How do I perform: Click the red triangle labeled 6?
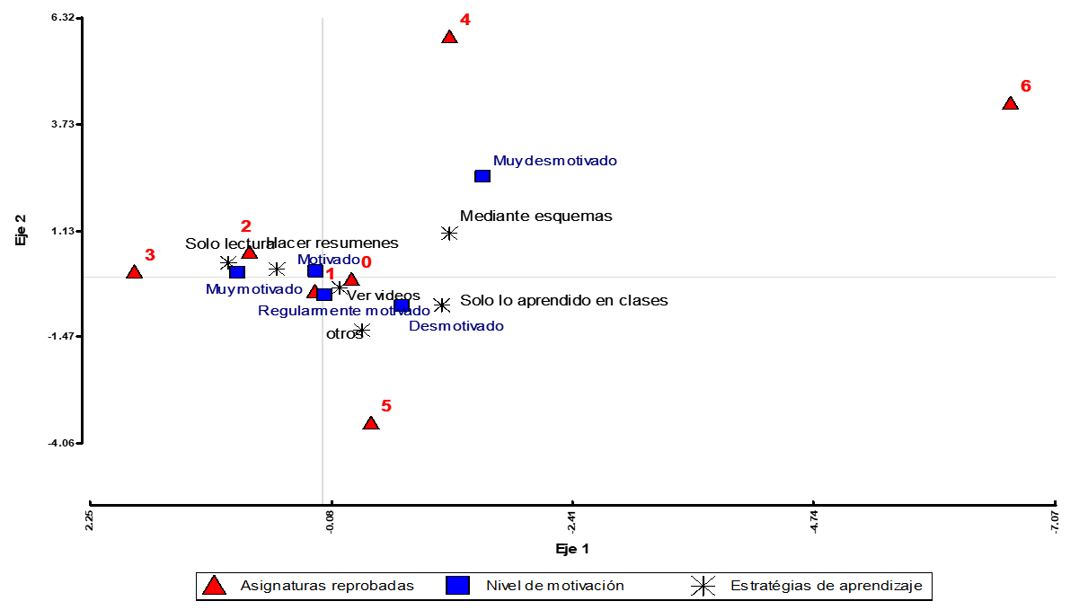point(1010,103)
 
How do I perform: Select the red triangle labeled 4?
point(449,37)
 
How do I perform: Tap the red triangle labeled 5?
point(370,423)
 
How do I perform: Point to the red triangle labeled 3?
point(134,272)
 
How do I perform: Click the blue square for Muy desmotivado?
point(482,176)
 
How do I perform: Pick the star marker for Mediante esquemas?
point(449,234)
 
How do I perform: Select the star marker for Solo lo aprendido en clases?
point(442,305)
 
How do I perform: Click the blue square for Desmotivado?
point(402,306)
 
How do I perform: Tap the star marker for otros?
point(361,331)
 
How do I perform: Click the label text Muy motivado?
point(254,289)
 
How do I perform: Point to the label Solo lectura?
point(229,243)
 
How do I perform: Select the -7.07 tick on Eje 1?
point(1055,521)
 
